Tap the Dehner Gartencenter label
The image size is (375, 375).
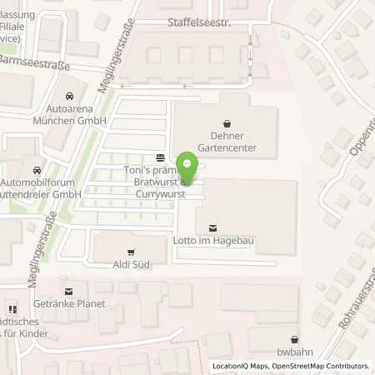(x=224, y=142)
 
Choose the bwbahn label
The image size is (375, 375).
(x=293, y=339)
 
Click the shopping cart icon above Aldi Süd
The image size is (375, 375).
(x=130, y=251)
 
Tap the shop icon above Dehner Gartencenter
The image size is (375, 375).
(x=224, y=122)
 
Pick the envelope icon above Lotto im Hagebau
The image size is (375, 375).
(x=212, y=227)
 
